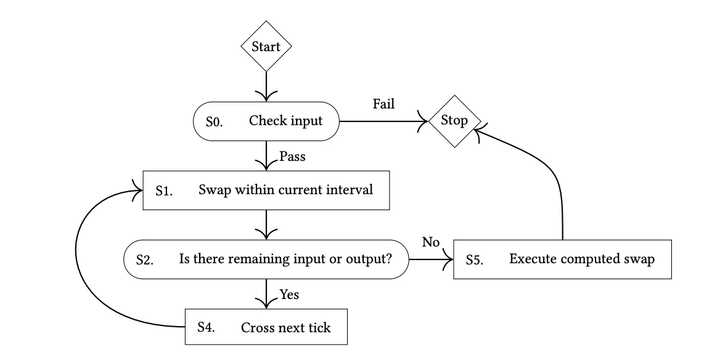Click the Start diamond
[266, 47]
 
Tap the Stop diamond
[454, 121]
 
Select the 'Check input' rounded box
[266, 121]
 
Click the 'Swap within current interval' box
[266, 190]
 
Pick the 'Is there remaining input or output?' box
[266, 260]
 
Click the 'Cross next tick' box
[266, 327]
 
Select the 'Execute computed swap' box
[563, 260]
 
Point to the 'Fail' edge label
[383, 104]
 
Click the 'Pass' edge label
[292, 157]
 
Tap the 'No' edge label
[430, 242]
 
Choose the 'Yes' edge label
[289, 295]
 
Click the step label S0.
[213, 122]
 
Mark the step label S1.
[163, 190]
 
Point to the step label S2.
[144, 260]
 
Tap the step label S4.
[206, 327]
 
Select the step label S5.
[474, 260]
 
